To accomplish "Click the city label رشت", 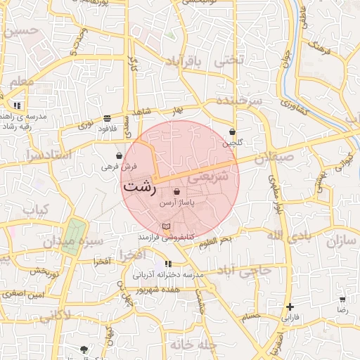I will click(x=139, y=188).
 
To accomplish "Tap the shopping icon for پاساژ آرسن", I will click(x=176, y=191).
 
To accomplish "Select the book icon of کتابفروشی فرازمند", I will click(x=166, y=226).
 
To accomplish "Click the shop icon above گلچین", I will click(x=232, y=131).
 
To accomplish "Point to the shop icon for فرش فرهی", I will click(x=118, y=155).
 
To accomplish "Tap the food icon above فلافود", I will click(x=106, y=118).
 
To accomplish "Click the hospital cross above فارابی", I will click(x=290, y=307).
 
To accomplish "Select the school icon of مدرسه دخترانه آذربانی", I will click(x=167, y=264).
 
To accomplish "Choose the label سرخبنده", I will click(x=240, y=101).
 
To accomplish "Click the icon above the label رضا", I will click(x=343, y=298).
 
